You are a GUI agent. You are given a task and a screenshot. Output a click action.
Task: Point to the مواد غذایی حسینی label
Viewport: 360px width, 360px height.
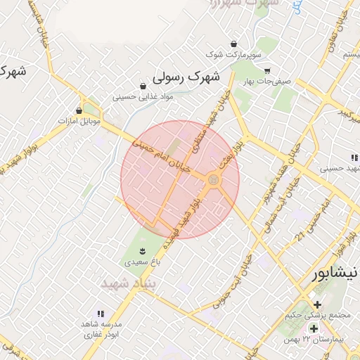(139, 96)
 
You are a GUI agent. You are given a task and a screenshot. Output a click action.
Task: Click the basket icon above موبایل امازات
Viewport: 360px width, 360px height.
(79, 110)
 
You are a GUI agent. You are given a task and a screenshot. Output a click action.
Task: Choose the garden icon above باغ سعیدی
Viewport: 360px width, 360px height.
(141, 251)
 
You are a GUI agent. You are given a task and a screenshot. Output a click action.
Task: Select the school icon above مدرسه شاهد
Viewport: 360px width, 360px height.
(100, 314)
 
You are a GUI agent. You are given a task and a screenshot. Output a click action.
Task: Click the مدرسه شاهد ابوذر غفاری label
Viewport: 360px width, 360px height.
(103, 329)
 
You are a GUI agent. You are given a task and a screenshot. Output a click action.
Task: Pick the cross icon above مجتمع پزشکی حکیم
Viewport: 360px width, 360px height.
(318, 304)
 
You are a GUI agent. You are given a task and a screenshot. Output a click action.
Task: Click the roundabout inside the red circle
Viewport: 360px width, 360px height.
(213, 181)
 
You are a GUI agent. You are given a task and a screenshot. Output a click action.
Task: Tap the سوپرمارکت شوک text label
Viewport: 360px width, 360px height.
(233, 54)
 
